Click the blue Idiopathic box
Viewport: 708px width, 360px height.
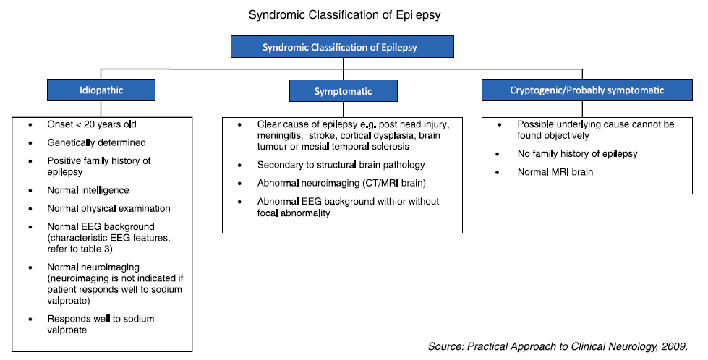click(x=101, y=91)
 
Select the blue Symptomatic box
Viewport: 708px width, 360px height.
click(x=343, y=92)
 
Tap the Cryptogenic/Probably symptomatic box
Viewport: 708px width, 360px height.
click(x=581, y=90)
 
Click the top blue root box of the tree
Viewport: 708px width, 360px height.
click(x=341, y=47)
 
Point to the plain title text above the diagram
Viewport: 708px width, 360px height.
click(x=343, y=14)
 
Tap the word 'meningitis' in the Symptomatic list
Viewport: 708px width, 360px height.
click(x=280, y=135)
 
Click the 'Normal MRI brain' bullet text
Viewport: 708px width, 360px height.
click(x=555, y=172)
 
